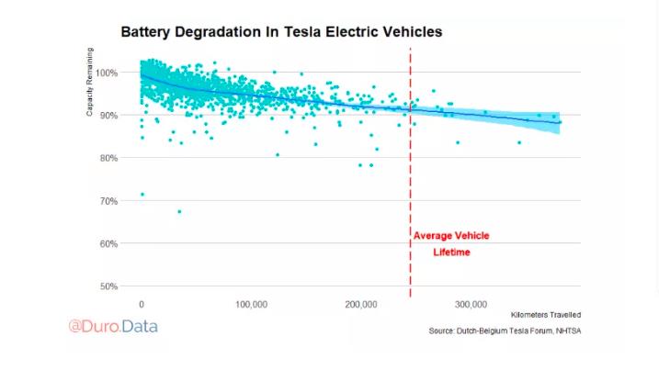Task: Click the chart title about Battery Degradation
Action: [x=281, y=32]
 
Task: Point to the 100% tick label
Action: [x=107, y=73]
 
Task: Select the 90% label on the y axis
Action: [x=108, y=116]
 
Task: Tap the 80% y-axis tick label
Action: [x=108, y=158]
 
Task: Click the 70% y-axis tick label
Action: [x=108, y=201]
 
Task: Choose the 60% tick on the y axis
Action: [x=108, y=243]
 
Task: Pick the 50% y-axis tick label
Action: [x=108, y=286]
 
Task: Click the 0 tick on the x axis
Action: [x=142, y=305]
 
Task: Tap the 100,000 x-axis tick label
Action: [x=251, y=305]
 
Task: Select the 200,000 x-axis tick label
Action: [x=361, y=305]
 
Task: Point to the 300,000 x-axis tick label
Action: [x=471, y=305]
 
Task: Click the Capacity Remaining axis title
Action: [x=89, y=82]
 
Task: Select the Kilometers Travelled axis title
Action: [x=546, y=315]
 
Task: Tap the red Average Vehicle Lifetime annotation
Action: [x=451, y=244]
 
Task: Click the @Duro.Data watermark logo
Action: [x=113, y=326]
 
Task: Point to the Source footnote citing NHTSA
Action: [x=505, y=331]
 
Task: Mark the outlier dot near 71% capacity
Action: [x=142, y=195]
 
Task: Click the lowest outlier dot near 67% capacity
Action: [x=179, y=212]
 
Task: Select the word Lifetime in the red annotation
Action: [x=452, y=252]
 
